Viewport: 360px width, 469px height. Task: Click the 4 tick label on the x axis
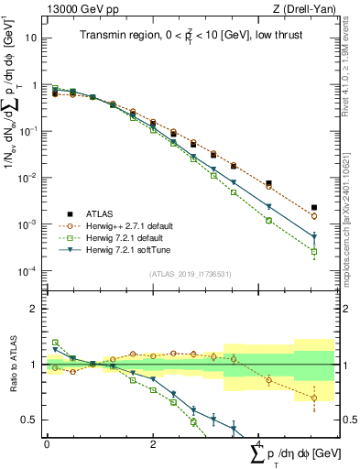[x=258, y=444]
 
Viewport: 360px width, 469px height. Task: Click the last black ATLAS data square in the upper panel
[x=314, y=208]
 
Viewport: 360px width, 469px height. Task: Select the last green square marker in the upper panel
[x=314, y=251]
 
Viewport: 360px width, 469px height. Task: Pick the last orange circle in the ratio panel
[x=314, y=398]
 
